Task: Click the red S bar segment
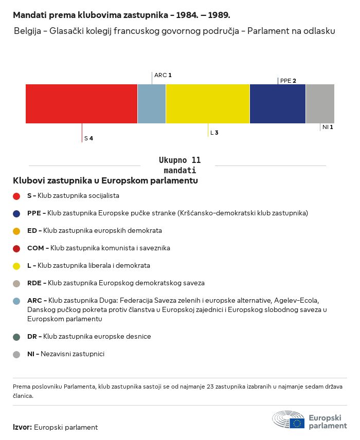81,104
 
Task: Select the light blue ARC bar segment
152,104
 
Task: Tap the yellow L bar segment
208,104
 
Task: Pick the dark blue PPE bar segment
278,104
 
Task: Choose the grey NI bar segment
320,104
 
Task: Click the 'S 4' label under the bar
88,139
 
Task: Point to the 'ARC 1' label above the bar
163,75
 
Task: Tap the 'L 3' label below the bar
214,133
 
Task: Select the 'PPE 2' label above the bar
288,81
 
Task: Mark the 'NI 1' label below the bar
328,127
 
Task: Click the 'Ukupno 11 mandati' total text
179,165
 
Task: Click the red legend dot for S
16,196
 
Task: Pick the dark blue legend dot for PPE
16,213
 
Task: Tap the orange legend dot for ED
16,231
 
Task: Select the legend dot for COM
16,248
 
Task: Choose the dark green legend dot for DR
16,337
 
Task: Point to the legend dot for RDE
16,283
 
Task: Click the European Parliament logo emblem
289,420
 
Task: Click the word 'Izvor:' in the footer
23,427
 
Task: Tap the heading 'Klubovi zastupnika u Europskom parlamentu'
105,181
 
